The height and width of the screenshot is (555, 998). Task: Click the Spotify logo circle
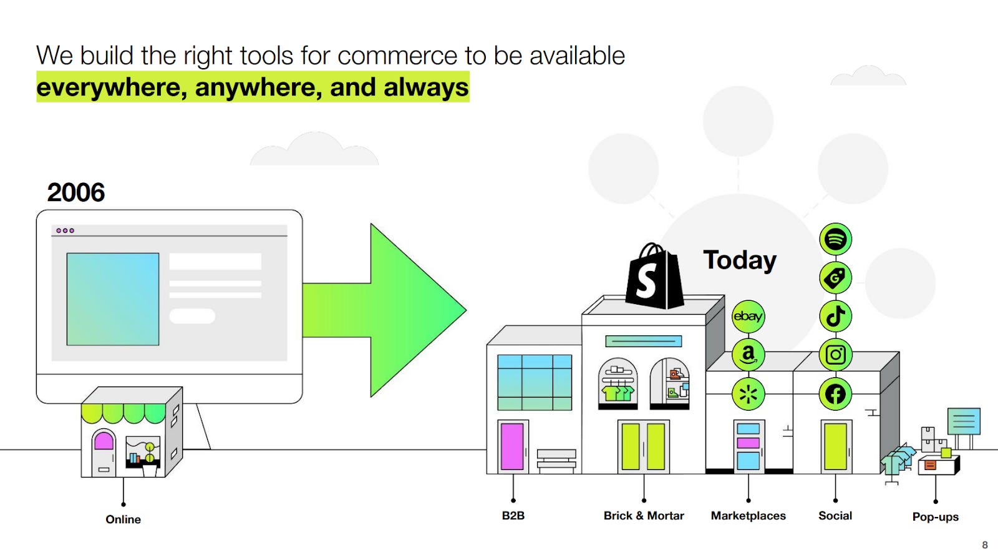point(835,239)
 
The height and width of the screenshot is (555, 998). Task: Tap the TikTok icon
point(835,316)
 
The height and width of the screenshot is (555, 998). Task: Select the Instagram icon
point(835,355)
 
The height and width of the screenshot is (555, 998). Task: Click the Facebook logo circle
point(835,394)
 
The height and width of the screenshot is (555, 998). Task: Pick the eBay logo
point(748,316)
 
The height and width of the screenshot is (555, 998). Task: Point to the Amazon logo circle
point(748,355)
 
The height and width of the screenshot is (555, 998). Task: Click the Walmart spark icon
point(748,394)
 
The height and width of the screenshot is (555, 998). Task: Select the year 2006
point(76,192)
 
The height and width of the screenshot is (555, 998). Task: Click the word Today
point(740,260)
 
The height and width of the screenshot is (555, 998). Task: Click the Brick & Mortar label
point(644,516)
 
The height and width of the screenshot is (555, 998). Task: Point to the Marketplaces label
point(748,516)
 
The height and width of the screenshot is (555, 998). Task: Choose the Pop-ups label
point(935,517)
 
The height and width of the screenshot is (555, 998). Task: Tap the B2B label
point(513,516)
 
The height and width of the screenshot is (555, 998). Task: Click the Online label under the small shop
point(123,519)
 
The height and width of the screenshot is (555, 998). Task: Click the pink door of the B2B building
point(512,446)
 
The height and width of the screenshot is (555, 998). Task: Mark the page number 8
point(985,544)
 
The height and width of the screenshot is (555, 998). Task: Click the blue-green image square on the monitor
point(113,299)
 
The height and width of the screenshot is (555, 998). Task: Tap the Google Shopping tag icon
point(835,278)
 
